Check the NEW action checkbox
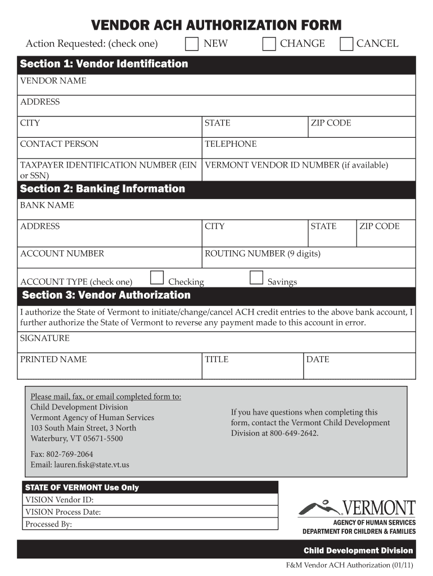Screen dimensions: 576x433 [192, 44]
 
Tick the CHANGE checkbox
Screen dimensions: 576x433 [269, 44]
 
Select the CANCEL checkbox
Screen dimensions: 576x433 [347, 44]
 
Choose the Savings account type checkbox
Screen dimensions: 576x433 [256, 277]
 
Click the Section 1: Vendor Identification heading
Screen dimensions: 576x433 [104, 64]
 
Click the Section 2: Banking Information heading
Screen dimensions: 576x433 [102, 189]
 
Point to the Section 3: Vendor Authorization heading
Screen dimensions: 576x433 [106, 295]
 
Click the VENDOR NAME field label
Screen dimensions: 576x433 [53, 81]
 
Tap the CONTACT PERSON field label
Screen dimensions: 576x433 [59, 144]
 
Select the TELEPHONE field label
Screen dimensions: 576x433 [231, 144]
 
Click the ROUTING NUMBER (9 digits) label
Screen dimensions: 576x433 [263, 254]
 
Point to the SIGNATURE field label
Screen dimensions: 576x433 [45, 338]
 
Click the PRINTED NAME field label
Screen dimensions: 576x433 [53, 359]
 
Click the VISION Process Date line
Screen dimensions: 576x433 [63, 512]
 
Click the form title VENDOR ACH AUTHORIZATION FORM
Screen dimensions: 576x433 [216, 25]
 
